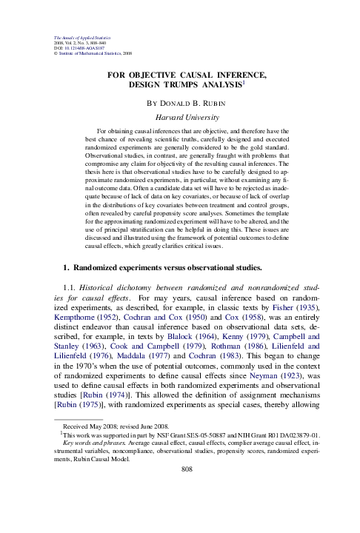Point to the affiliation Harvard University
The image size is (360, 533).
tap(179, 116)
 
